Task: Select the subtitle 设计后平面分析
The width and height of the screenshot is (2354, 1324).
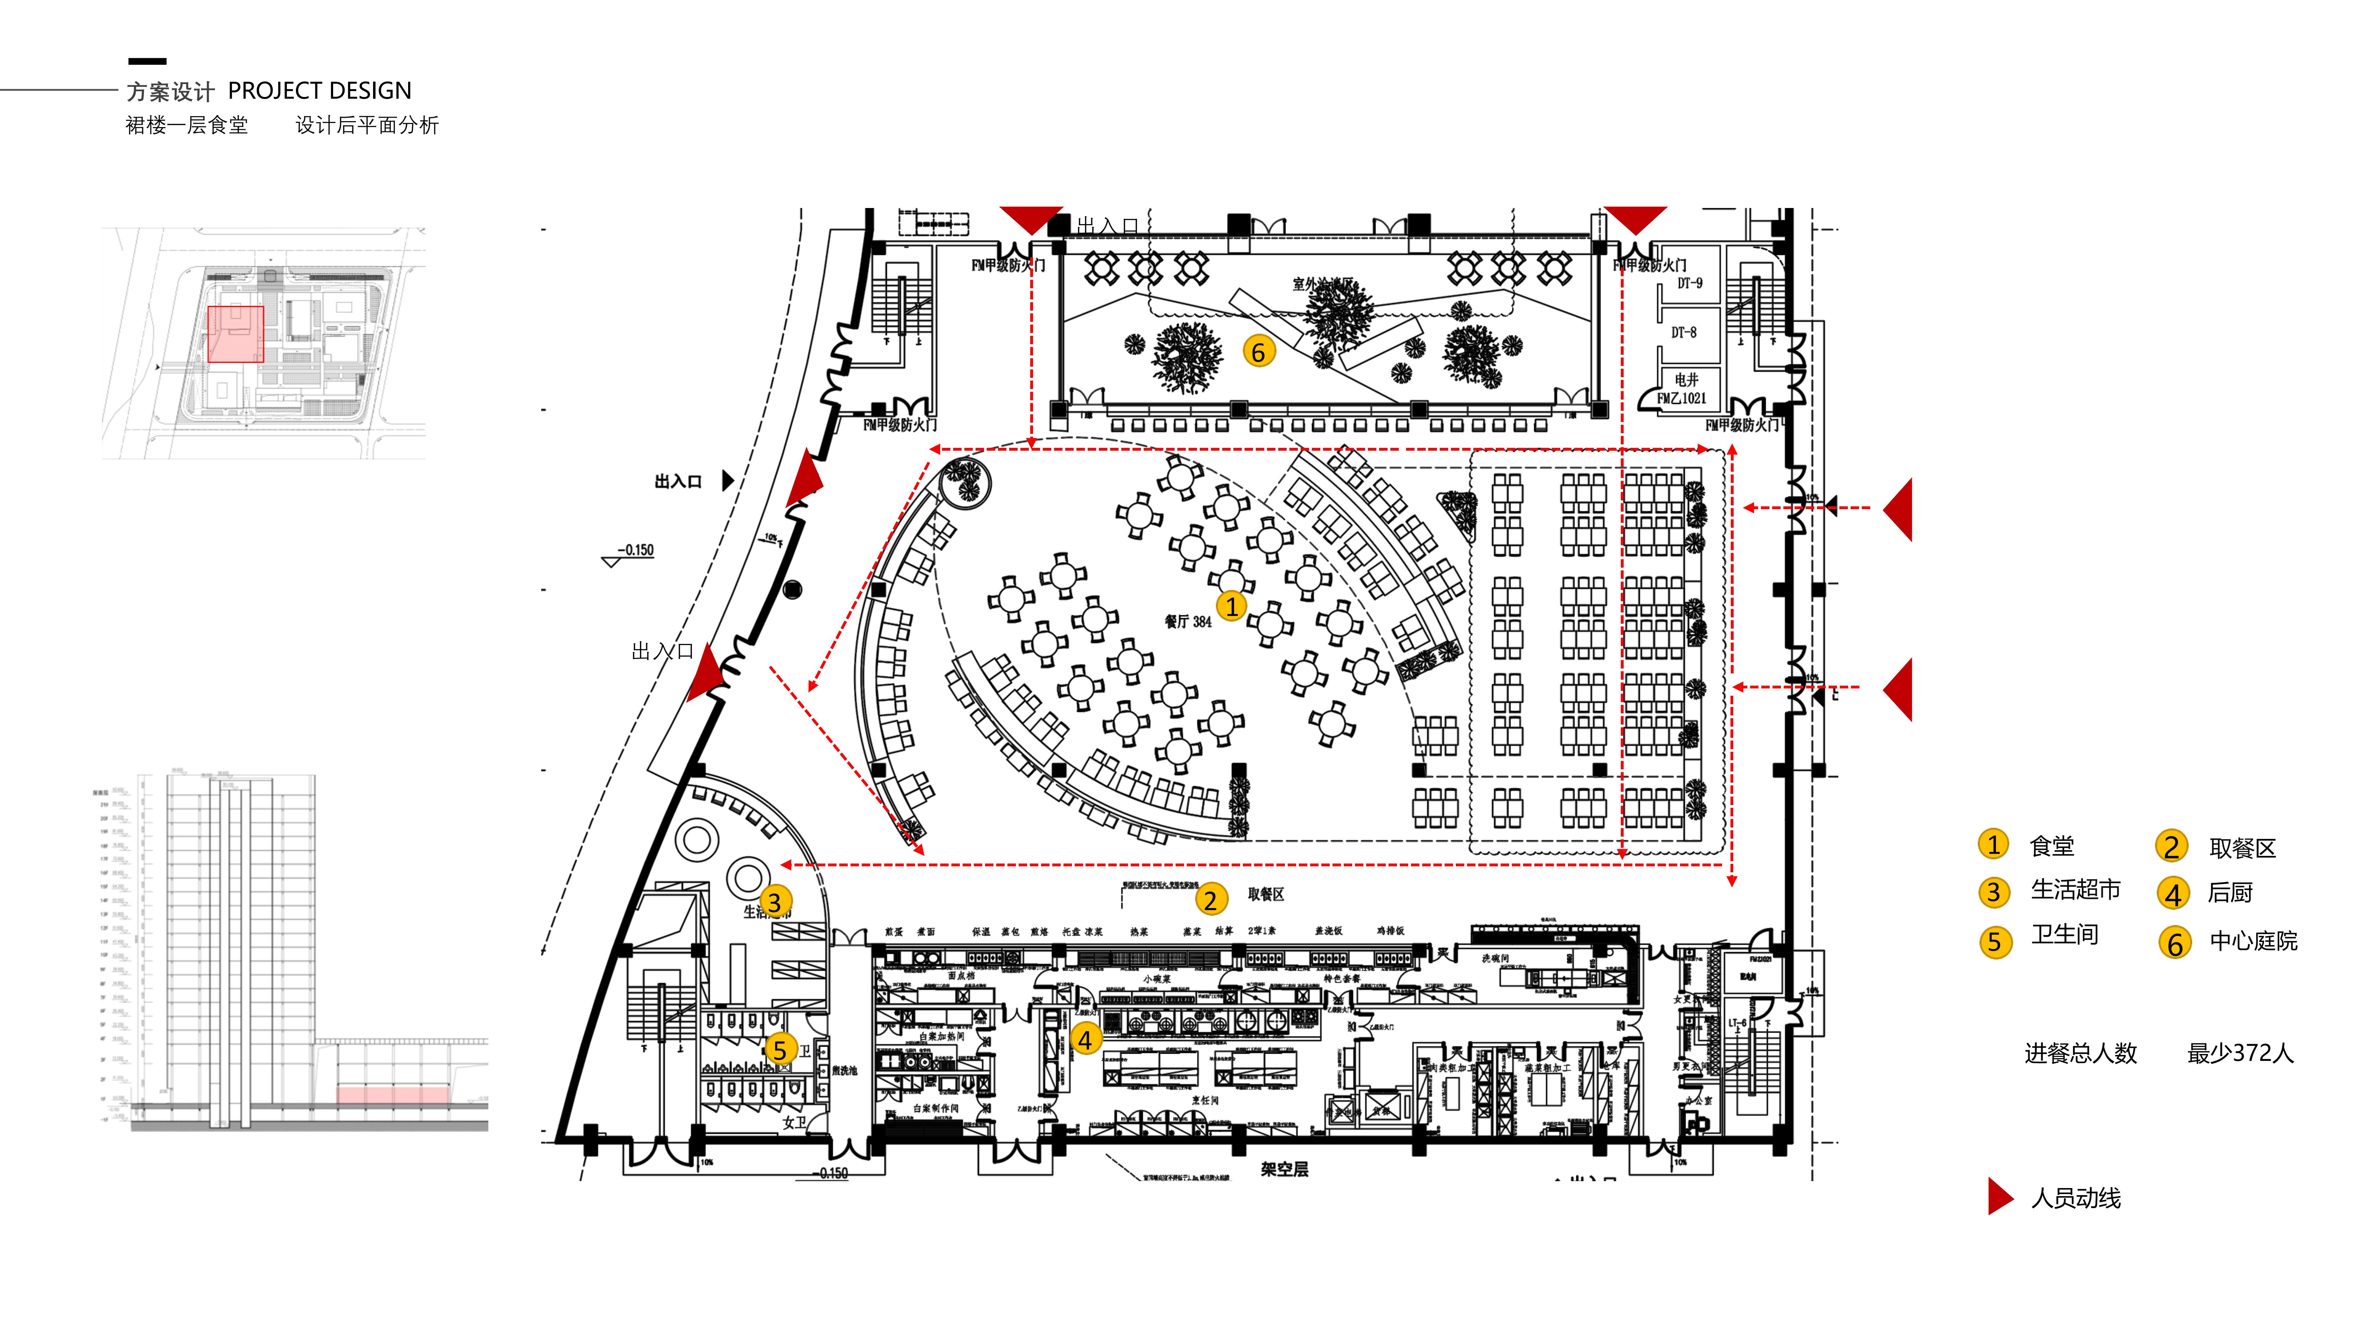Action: click(x=366, y=125)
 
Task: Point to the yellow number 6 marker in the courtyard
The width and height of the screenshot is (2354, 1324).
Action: click(x=1258, y=352)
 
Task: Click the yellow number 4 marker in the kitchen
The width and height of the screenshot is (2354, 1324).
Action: click(x=1085, y=1039)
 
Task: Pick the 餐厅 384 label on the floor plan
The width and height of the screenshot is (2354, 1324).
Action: click(x=1187, y=621)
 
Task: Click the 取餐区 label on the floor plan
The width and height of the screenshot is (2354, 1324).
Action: click(x=1266, y=895)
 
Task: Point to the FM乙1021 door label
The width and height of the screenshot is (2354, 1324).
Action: click(x=1681, y=398)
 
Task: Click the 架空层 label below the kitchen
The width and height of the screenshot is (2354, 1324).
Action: click(x=1284, y=1170)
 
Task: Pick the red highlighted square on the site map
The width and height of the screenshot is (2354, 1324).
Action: click(x=236, y=334)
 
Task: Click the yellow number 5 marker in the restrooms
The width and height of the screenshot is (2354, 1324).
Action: click(x=779, y=1049)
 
